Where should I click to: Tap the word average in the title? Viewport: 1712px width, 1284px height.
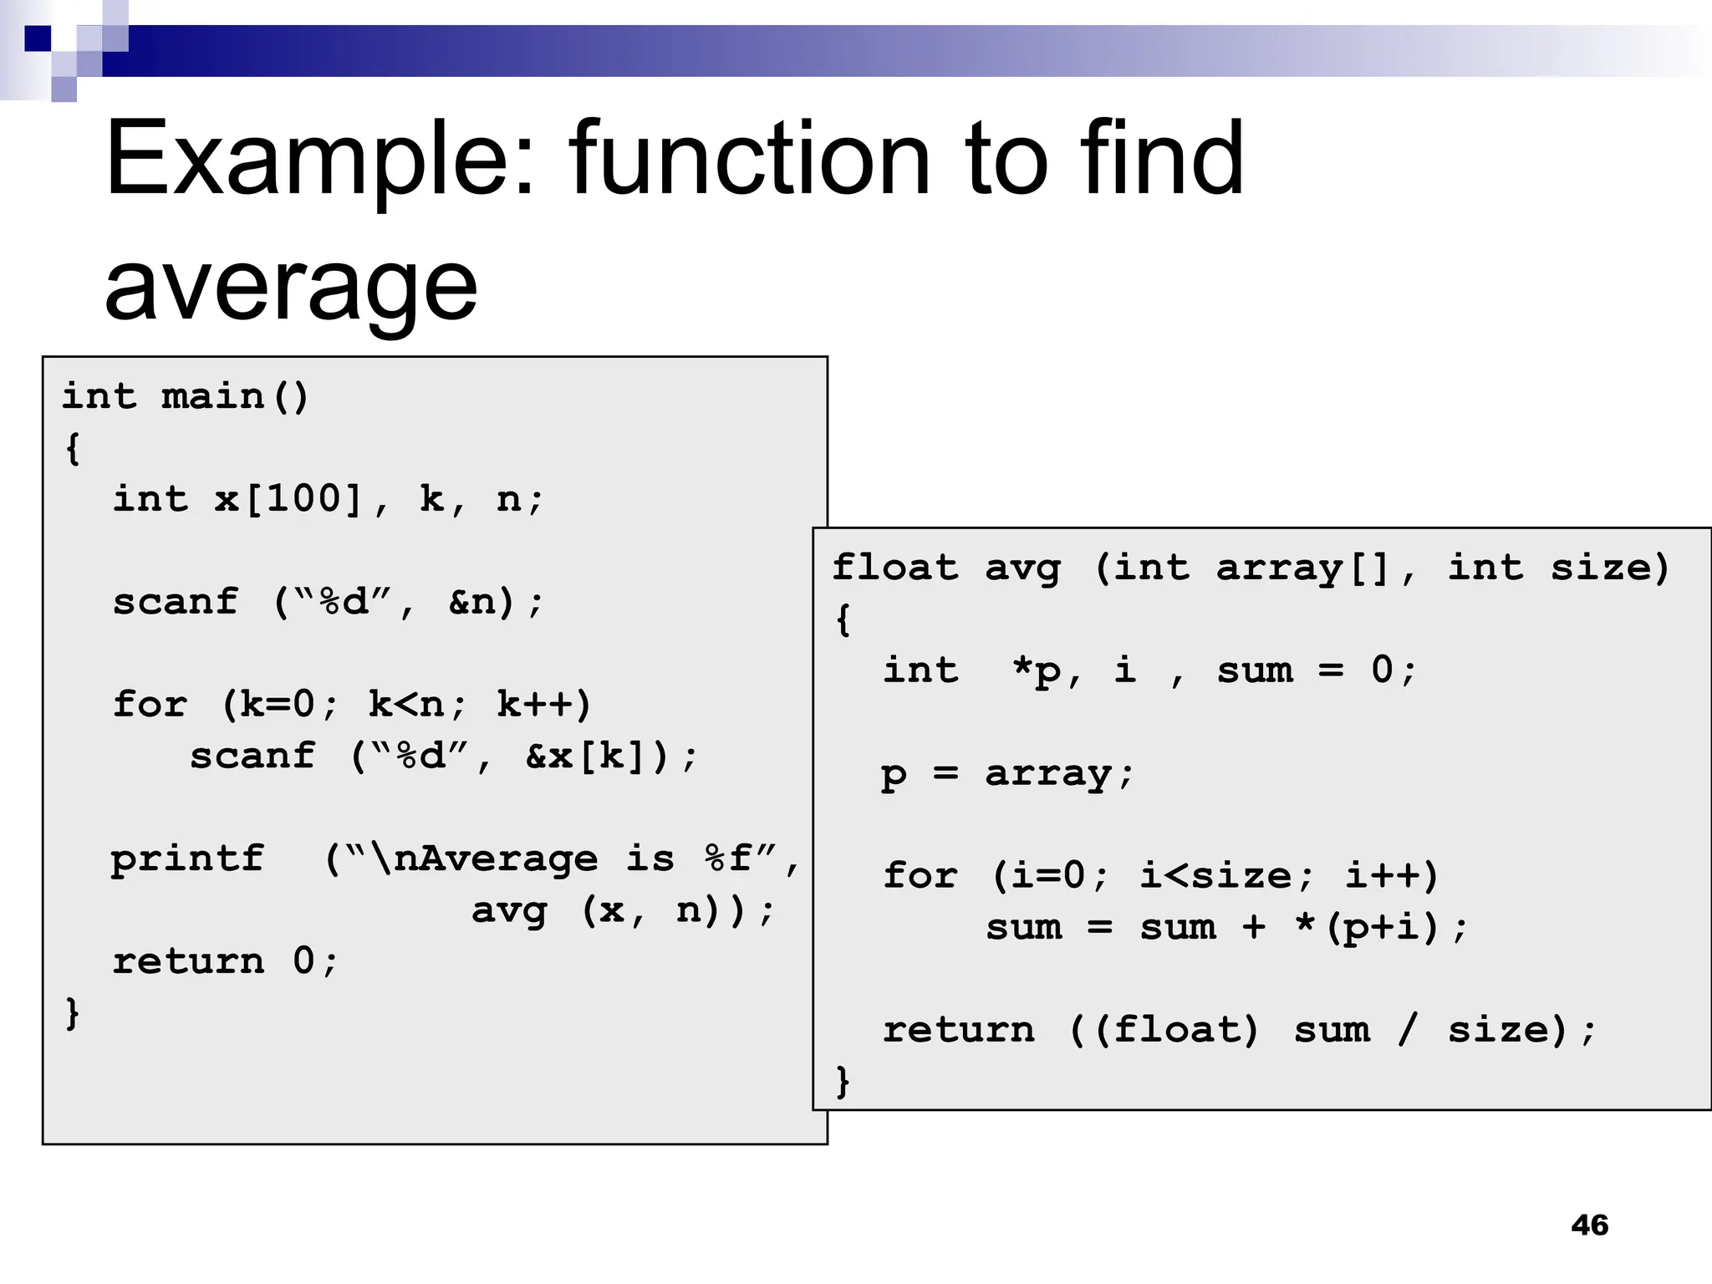coord(290,286)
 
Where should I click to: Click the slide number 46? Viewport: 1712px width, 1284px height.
coord(1589,1225)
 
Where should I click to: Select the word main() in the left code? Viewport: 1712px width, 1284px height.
coord(235,396)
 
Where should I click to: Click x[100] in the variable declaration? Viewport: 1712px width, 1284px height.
coord(288,499)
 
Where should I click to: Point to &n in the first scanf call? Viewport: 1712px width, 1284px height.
coord(473,602)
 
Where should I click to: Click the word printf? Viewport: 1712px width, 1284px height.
coord(187,859)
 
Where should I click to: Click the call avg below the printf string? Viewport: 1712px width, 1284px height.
coord(509,910)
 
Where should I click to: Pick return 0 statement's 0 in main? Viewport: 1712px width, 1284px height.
coord(303,961)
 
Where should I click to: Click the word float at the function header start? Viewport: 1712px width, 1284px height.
coord(894,568)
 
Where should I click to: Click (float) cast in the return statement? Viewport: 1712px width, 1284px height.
coord(1174,1030)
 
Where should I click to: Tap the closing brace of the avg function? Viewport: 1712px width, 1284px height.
coord(843,1081)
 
